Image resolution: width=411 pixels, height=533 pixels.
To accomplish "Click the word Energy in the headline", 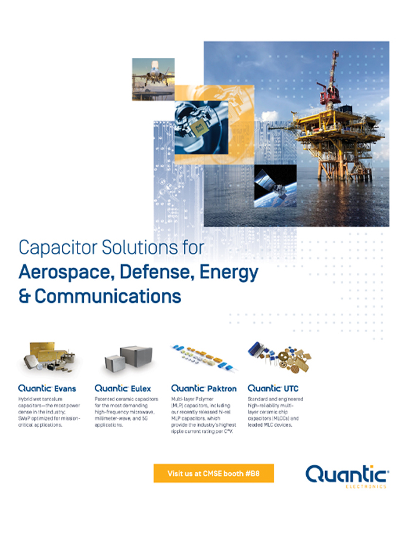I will click(231, 272).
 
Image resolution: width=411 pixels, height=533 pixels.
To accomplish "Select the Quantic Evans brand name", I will click(46, 388).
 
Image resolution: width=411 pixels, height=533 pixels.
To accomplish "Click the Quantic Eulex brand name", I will click(123, 388).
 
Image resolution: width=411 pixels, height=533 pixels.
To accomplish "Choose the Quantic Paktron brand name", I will click(203, 388).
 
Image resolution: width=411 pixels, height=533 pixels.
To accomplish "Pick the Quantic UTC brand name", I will click(273, 388).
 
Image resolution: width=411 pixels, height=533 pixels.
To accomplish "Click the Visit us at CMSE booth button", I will click(213, 473).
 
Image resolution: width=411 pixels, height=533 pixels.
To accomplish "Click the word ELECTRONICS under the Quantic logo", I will click(366, 486).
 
